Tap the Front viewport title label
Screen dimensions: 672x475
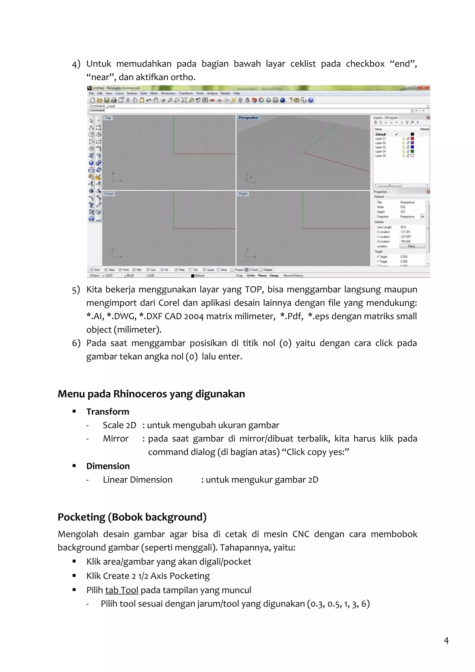pyautogui.click(x=109, y=194)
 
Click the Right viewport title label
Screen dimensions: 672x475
pyautogui.click(x=243, y=194)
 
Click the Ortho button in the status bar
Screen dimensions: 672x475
pyautogui.click(x=250, y=276)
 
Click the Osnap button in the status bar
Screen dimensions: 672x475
pyautogui.click(x=274, y=276)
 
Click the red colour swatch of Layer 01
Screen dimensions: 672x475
pyautogui.click(x=412, y=139)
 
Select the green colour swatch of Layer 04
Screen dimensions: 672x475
pyautogui.click(x=412, y=152)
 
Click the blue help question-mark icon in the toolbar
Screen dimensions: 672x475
pyautogui.click(x=311, y=100)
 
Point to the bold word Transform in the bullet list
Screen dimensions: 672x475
pyautogui.click(x=107, y=412)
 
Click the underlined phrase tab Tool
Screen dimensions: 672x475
pyautogui.click(x=122, y=590)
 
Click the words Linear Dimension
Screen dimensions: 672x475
pyautogui.click(x=138, y=480)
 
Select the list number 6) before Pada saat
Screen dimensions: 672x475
pyautogui.click(x=76, y=343)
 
